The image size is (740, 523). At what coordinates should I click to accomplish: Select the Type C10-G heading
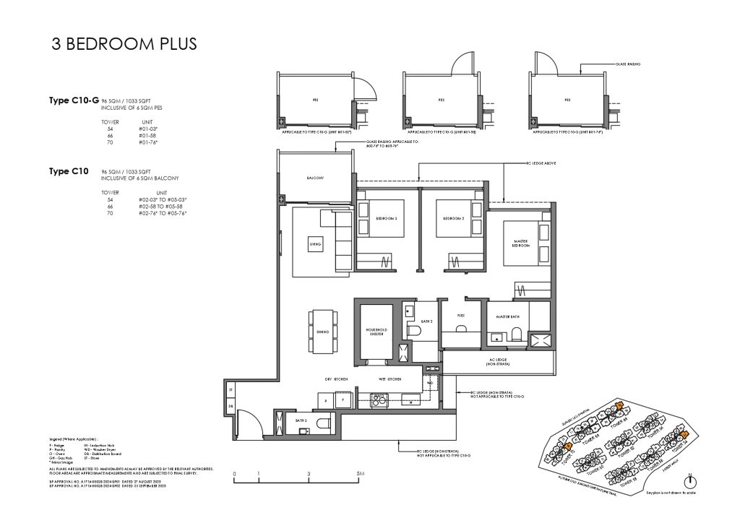[73, 101]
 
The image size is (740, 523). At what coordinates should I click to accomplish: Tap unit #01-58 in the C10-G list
[147, 135]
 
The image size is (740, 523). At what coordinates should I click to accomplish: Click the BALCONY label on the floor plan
[315, 178]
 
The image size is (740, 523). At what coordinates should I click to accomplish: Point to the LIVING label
[315, 245]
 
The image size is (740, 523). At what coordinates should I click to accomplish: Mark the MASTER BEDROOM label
[522, 243]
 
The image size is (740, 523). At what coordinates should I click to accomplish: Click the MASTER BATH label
[508, 317]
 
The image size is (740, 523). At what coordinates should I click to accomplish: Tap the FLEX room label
[460, 316]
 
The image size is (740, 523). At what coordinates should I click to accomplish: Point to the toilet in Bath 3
[323, 424]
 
